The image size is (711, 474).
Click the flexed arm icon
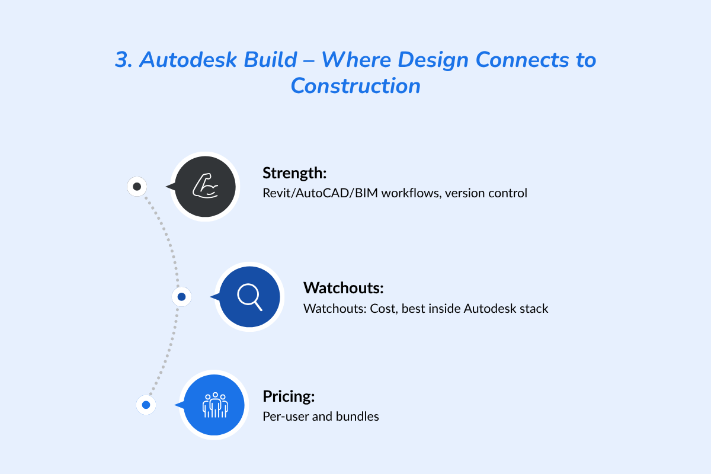point(205,187)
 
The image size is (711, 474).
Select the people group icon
point(214,405)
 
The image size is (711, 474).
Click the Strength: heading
point(294,174)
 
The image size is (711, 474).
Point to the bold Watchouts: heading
point(344,289)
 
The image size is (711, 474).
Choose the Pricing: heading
point(289,397)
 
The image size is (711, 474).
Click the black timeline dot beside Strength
point(137,187)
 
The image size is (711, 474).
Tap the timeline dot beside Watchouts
point(181,297)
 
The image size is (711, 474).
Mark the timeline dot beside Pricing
point(146,405)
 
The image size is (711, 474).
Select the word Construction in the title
point(355,86)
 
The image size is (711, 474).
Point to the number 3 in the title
point(122,60)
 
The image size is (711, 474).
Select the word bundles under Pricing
point(357,417)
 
